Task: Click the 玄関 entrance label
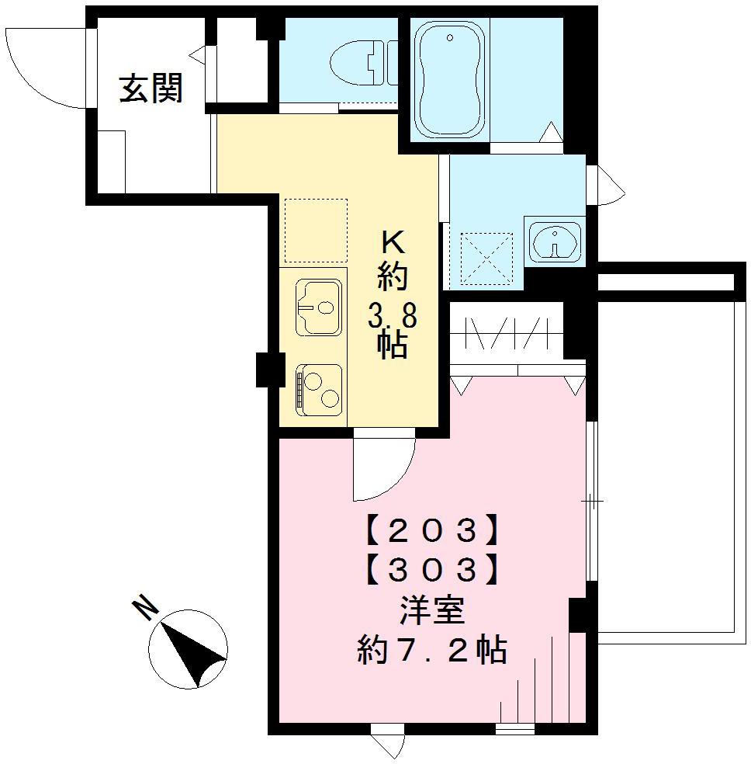pyautogui.click(x=151, y=89)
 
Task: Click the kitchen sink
pyautogui.click(x=318, y=307)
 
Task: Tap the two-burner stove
pyautogui.click(x=318, y=387)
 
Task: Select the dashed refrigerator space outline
pyautogui.click(x=315, y=231)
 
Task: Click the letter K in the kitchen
pyautogui.click(x=392, y=243)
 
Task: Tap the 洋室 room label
pyautogui.click(x=432, y=612)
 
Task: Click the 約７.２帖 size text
pyautogui.click(x=432, y=649)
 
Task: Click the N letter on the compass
pyautogui.click(x=145, y=609)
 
